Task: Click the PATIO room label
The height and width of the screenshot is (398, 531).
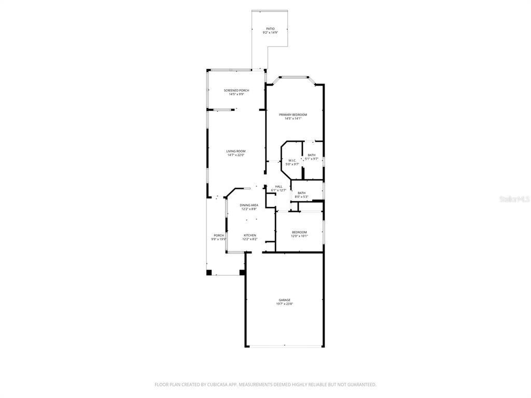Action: [x=270, y=29]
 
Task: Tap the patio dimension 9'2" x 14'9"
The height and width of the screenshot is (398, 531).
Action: [x=270, y=33]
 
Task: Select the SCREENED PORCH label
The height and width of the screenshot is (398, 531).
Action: [x=236, y=90]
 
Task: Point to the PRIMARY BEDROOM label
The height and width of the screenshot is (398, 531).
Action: [x=293, y=115]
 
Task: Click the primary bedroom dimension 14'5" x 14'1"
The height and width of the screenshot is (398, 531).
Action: [x=293, y=119]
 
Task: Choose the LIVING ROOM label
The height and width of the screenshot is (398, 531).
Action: [x=236, y=151]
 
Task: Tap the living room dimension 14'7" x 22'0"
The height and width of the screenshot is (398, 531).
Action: [x=236, y=155]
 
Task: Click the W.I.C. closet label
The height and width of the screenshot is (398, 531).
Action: [x=292, y=161]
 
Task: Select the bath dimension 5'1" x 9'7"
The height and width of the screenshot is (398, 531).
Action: [x=311, y=159]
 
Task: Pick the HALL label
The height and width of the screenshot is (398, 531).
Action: [x=279, y=187]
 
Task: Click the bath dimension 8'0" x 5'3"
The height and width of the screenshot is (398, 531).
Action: [x=301, y=197]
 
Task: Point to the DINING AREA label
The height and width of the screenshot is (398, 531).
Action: [x=249, y=205]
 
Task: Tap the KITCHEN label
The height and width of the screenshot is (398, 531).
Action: [x=250, y=235]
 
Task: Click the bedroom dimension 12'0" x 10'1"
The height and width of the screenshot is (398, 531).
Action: [x=299, y=236]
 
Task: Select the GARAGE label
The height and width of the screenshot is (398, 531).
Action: [x=284, y=300]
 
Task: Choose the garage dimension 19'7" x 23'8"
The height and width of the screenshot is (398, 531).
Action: [x=284, y=304]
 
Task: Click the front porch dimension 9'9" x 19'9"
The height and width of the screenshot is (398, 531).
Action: [x=219, y=239]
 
